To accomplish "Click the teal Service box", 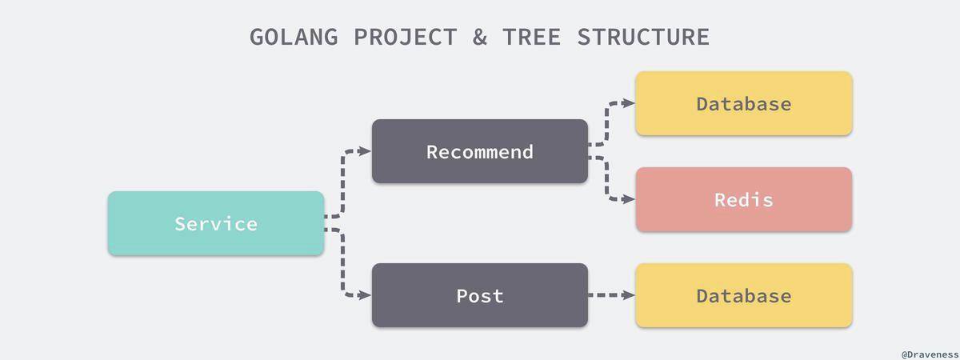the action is [216, 223].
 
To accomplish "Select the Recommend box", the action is [480, 151].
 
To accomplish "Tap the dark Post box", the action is [480, 295].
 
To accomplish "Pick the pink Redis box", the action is [744, 199].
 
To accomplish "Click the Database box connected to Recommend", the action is [744, 103].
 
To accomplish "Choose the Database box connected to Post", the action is [744, 295].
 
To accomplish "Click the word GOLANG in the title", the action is [294, 37].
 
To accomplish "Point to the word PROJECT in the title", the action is [406, 37].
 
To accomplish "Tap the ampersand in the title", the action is [480, 37].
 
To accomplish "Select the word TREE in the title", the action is [532, 37].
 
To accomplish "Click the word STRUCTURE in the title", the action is [643, 37].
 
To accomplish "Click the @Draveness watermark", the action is [930, 355].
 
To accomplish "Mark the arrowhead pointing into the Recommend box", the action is [365, 151].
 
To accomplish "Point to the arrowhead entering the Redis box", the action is [629, 199].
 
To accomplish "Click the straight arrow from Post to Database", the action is [611, 295].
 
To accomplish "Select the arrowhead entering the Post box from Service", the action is [365, 295].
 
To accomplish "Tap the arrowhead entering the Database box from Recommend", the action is [629, 103].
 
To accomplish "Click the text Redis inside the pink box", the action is [744, 200].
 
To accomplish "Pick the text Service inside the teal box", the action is [216, 224].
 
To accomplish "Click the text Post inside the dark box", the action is [480, 296].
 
